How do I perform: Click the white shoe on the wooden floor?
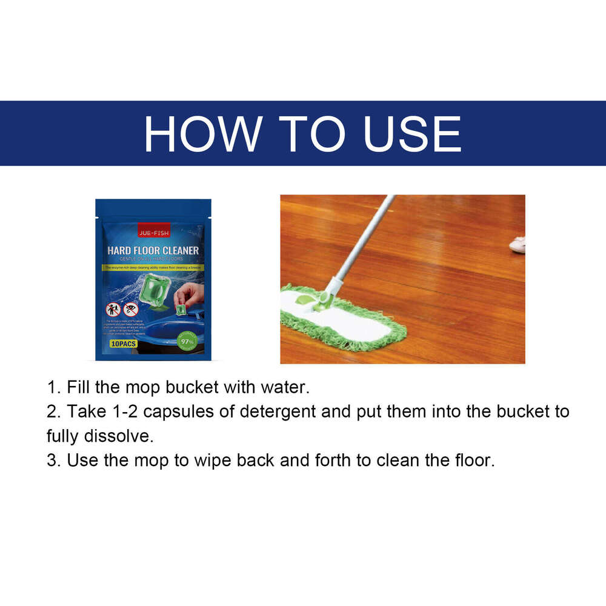517,245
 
